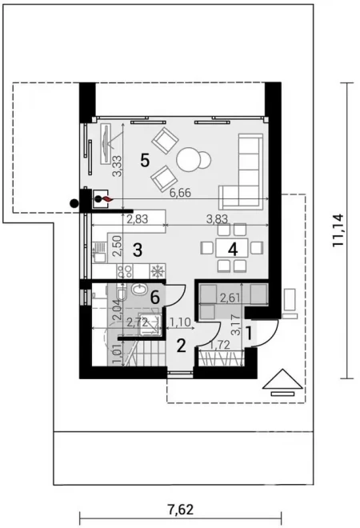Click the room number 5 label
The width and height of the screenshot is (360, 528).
click(145, 160)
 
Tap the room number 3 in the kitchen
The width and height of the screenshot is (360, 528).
click(137, 250)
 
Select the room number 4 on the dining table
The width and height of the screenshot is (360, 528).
click(233, 250)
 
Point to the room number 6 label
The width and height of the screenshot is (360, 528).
click(155, 298)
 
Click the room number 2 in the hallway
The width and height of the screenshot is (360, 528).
click(181, 346)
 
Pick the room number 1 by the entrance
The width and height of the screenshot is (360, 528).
click(249, 334)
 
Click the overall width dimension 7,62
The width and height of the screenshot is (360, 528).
click(181, 510)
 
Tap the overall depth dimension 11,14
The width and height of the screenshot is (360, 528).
click(338, 230)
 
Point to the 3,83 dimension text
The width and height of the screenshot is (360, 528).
click(218, 219)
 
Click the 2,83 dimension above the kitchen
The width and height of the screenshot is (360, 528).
click(138, 219)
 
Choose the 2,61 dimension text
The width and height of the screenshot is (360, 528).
click(230, 298)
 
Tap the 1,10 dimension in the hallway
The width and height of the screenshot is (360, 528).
click(181, 323)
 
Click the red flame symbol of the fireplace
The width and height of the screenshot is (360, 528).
click(106, 199)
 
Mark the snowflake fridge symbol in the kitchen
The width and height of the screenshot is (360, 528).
click(158, 271)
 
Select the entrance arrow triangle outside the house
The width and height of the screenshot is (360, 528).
click(283, 379)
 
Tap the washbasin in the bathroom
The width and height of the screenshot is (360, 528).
click(138, 289)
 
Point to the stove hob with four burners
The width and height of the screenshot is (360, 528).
click(124, 271)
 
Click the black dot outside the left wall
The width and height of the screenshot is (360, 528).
click(74, 203)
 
